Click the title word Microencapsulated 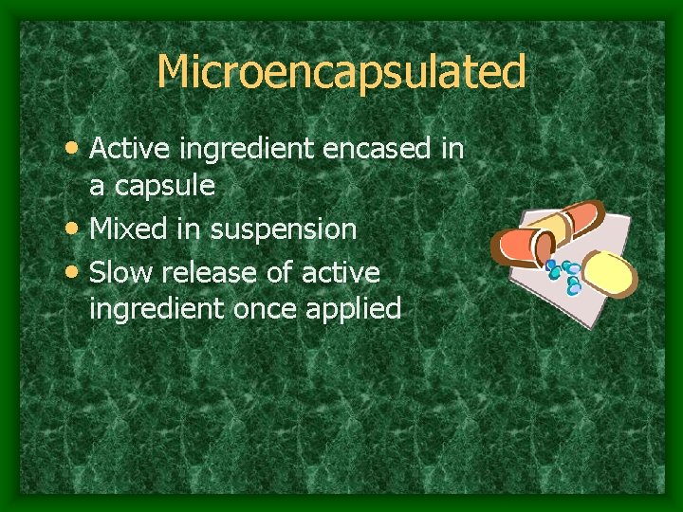pyautogui.click(x=341, y=71)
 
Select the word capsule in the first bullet pyautogui.click(x=165, y=187)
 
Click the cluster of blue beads pyautogui.click(x=568, y=274)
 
